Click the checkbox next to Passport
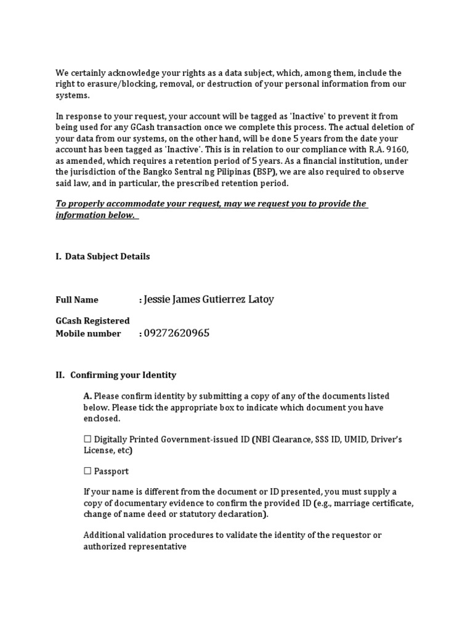pos(87,471)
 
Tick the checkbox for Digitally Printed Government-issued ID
pos(87,439)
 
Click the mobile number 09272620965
pos(176,333)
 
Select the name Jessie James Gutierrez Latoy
pos(208,299)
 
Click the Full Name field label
pos(77,300)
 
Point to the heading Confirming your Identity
pos(123,375)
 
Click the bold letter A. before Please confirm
pos(88,396)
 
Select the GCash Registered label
pos(93,321)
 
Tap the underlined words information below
pos(95,216)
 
